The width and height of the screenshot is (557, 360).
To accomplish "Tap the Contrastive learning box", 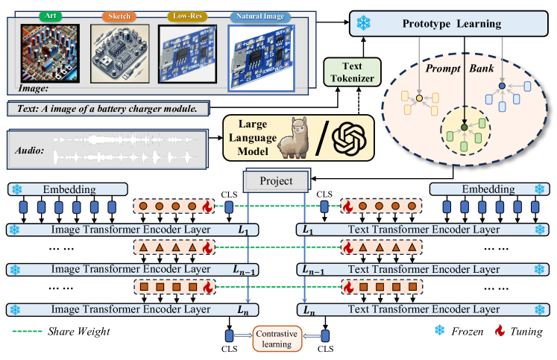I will (279, 338).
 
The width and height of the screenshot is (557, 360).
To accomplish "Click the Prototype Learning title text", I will (453, 24).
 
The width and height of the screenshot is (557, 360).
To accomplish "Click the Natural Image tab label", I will (259, 15).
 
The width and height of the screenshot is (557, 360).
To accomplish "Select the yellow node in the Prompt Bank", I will (419, 98).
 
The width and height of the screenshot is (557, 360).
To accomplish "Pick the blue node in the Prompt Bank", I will (502, 87).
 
